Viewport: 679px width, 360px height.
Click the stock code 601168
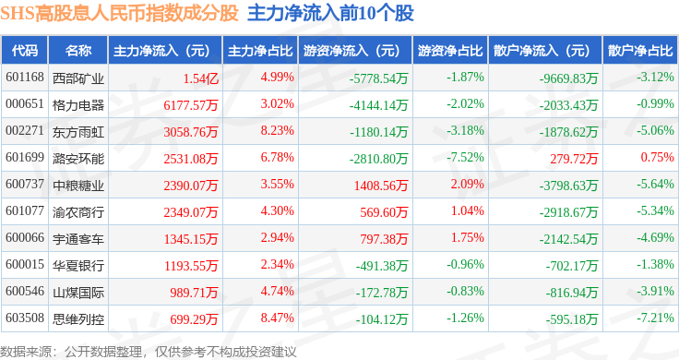[x=25, y=78]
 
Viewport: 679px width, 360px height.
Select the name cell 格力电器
[x=78, y=105]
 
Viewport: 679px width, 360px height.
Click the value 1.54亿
[x=200, y=78]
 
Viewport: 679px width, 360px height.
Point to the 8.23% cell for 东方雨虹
[x=277, y=130]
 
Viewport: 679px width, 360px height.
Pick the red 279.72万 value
[x=574, y=159]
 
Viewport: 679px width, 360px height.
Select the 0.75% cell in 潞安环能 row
[x=658, y=157]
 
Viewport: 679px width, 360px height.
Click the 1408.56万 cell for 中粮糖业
[x=381, y=186]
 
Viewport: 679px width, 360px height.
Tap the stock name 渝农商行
[x=78, y=211]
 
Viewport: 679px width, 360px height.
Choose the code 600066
[x=25, y=237]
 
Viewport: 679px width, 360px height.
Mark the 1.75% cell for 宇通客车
[x=467, y=237]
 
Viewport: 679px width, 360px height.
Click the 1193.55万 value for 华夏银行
[x=191, y=266]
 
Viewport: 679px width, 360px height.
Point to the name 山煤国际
[x=78, y=293]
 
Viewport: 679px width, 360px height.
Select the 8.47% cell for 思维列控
[x=277, y=318]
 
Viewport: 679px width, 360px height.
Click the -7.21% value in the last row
[x=655, y=318]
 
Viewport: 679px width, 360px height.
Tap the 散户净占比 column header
[x=640, y=51]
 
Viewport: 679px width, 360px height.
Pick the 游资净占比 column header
[x=450, y=51]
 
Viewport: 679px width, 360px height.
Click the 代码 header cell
[x=25, y=51]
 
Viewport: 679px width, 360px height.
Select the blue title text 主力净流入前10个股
[x=330, y=13]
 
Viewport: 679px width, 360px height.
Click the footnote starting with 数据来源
[x=149, y=352]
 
